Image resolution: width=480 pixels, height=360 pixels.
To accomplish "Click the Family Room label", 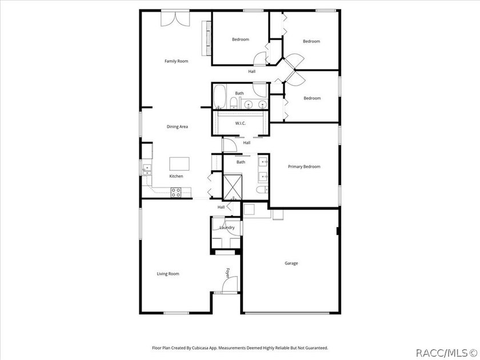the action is [177, 61].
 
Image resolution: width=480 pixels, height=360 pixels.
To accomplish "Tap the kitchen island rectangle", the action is [179, 164].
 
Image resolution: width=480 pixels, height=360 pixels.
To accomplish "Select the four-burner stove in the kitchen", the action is [176, 192].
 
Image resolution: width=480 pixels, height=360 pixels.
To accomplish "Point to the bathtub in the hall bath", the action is [219, 97].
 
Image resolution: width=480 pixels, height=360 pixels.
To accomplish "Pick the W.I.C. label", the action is [241, 123].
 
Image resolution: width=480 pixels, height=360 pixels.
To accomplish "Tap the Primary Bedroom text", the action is [304, 166].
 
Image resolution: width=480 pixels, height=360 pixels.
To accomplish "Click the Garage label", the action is [291, 263].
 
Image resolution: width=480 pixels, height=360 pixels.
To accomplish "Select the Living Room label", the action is [168, 274].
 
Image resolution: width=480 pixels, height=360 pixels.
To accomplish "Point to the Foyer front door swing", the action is [230, 284].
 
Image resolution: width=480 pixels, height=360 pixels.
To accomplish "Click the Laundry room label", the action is [227, 227].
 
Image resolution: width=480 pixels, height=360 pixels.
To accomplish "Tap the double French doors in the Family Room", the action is [175, 19].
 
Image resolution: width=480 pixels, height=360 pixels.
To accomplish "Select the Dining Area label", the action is [177, 126].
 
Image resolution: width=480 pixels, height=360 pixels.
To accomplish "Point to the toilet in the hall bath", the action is [234, 103].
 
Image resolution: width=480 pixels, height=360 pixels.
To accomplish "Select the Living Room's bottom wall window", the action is [176, 313].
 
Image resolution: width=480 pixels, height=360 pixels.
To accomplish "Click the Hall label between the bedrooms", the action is [252, 71].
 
